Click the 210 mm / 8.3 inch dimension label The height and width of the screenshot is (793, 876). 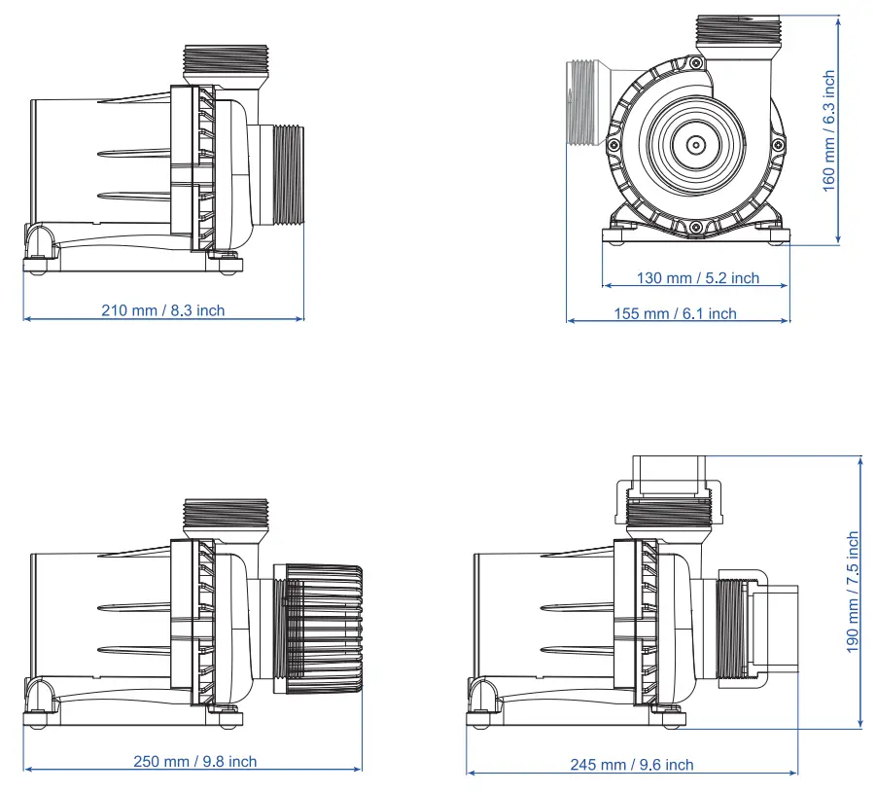coord(162,310)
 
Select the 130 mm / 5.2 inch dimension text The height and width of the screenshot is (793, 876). coord(697,278)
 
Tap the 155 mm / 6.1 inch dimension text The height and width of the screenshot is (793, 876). coord(675,313)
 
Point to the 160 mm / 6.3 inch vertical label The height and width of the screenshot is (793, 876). coord(829,129)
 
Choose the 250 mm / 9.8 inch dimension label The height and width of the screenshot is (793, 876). coord(194,761)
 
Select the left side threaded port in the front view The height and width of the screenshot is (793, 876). coord(581,102)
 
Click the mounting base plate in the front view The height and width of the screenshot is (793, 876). coord(696,234)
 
